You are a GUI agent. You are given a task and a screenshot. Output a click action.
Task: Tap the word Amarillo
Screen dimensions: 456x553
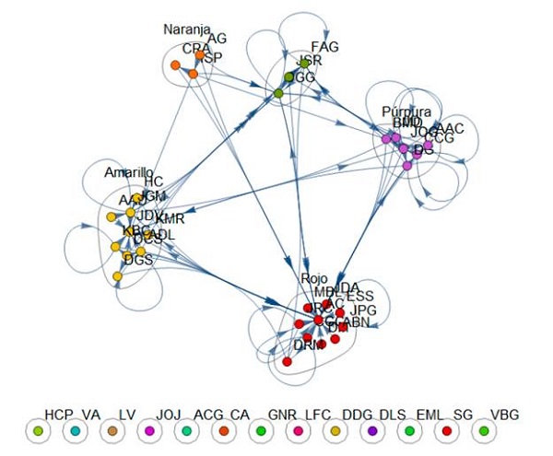click(128, 172)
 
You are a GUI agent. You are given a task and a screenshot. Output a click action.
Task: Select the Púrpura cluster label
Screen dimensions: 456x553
click(406, 111)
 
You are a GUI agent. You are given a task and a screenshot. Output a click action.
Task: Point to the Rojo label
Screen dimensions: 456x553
click(314, 278)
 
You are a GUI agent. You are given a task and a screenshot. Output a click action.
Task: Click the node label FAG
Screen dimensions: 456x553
click(325, 46)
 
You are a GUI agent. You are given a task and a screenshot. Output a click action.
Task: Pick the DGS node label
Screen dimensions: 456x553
click(138, 261)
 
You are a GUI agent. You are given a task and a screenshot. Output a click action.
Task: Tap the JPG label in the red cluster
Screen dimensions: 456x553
click(365, 310)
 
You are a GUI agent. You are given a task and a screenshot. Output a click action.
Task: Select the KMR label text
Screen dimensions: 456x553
click(169, 219)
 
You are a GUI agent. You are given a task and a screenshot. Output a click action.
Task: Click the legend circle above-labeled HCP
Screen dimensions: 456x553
click(37, 430)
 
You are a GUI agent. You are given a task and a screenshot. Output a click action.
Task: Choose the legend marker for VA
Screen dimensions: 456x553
click(75, 430)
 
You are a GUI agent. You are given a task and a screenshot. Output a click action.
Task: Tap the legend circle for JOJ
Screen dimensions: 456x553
click(149, 430)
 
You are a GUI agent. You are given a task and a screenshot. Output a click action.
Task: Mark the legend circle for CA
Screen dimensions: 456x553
click(224, 430)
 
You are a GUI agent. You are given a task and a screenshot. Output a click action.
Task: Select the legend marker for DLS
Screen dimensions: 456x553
click(373, 430)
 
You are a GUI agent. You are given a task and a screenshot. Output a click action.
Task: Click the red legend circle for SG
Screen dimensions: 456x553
click(447, 430)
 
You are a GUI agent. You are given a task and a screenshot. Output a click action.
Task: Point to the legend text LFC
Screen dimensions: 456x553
click(318, 415)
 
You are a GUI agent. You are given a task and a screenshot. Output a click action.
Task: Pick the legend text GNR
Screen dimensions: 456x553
click(281, 415)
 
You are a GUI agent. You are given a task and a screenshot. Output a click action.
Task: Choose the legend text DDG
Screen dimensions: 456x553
click(356, 415)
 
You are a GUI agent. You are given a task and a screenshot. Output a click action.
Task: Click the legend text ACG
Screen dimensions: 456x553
click(208, 415)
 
